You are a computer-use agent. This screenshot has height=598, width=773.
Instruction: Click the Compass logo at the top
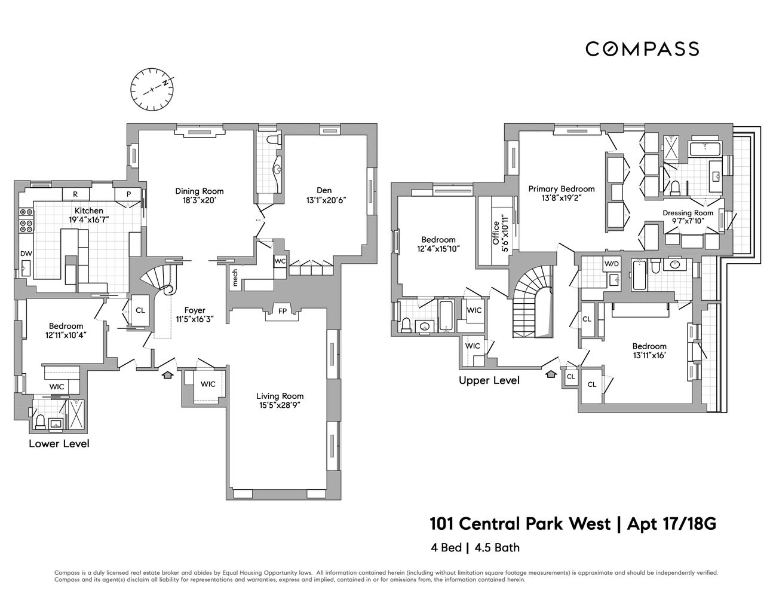642,48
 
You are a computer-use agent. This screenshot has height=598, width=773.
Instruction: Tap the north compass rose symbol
152,90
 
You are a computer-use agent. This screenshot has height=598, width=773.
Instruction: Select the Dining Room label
200,191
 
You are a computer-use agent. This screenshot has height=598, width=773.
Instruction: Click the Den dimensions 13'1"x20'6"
327,200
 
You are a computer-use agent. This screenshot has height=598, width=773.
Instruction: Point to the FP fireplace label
281,311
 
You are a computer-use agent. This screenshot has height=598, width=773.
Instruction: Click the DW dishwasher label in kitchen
26,254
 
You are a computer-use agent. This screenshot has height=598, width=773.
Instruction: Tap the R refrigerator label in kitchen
76,194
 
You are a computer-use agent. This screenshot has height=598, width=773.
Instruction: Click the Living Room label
280,396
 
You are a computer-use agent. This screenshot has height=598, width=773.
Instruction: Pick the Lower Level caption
59,444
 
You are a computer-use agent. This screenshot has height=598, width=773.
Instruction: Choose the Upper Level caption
489,380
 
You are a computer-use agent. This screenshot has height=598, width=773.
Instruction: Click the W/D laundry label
612,264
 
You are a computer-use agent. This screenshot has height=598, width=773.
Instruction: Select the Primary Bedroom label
562,189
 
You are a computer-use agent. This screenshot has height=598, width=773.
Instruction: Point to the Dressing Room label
688,212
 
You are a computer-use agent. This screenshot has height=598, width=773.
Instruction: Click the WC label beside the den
280,261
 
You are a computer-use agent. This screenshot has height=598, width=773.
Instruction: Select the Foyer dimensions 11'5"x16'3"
195,319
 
